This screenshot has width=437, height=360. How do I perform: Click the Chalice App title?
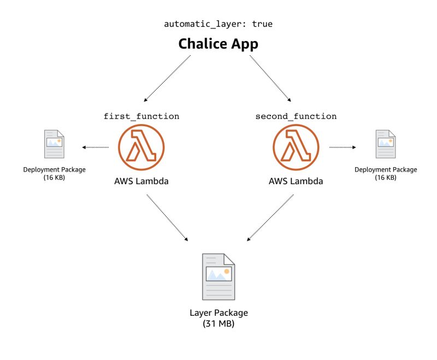click(x=218, y=44)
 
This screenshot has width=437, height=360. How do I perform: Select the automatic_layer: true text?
click(x=218, y=25)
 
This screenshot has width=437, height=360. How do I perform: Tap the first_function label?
click(x=141, y=116)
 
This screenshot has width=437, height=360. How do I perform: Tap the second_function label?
click(x=296, y=116)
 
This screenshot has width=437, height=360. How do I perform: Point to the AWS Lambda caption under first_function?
click(x=141, y=181)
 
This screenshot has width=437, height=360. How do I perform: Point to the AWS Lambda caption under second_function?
click(x=296, y=181)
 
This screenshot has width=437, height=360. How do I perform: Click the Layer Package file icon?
click(x=218, y=276)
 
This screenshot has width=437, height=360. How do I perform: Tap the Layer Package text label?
click(x=218, y=313)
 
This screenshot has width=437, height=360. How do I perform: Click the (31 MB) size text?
click(x=218, y=323)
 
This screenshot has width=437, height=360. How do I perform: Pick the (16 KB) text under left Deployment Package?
click(x=54, y=178)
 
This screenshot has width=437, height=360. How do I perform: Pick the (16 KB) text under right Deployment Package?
click(x=385, y=178)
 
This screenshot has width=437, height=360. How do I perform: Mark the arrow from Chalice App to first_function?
click(x=167, y=79)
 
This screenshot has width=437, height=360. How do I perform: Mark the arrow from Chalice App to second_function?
click(x=270, y=79)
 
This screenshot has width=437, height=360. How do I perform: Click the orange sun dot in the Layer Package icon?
click(x=226, y=270)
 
